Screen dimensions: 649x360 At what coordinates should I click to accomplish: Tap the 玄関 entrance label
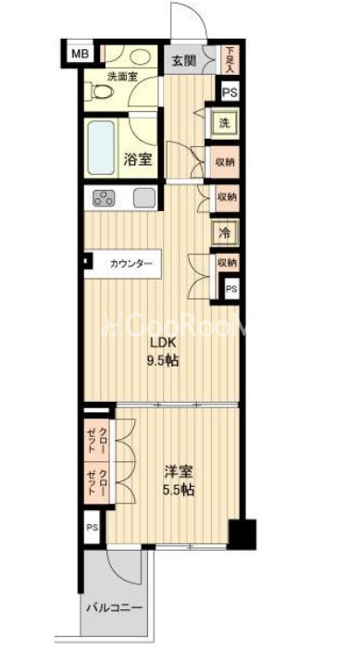(x=183, y=61)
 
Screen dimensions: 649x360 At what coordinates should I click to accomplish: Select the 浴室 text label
(x=138, y=158)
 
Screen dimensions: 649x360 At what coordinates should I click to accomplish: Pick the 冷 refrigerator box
(x=224, y=233)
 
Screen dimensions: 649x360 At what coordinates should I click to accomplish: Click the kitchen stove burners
(x=102, y=198)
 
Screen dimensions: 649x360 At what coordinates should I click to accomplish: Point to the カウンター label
(x=130, y=264)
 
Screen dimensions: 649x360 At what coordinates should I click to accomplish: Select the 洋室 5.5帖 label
(x=175, y=480)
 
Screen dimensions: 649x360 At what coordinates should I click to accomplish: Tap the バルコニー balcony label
(x=114, y=609)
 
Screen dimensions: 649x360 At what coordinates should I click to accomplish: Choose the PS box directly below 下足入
(x=229, y=93)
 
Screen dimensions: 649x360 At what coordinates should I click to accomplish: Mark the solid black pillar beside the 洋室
(x=242, y=534)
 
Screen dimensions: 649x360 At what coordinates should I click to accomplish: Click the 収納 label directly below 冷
(x=226, y=263)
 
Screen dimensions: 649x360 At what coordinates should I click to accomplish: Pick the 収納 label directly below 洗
(x=225, y=161)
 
